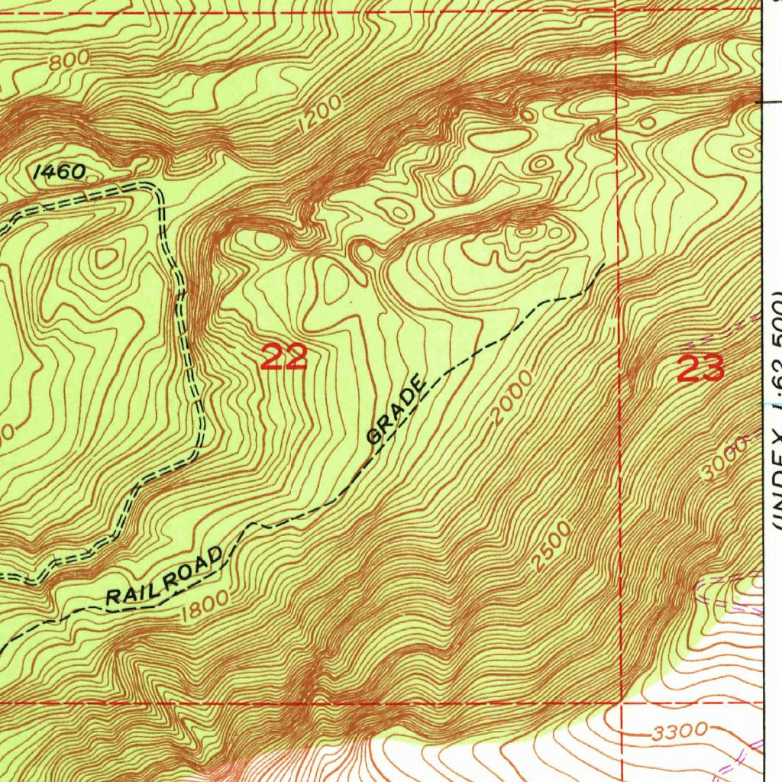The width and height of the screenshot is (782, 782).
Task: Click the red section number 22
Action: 284,357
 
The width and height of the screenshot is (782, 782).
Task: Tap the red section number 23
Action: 700,370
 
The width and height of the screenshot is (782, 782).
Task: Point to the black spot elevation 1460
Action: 60,173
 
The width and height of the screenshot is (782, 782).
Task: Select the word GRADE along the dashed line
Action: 396,409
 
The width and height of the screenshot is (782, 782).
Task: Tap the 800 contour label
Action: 69,61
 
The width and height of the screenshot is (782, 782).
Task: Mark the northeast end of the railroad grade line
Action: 604,265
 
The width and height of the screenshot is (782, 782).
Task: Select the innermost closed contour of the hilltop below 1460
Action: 105,257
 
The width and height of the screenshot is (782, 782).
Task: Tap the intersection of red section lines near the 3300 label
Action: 622,702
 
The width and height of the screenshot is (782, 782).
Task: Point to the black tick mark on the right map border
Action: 767,102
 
